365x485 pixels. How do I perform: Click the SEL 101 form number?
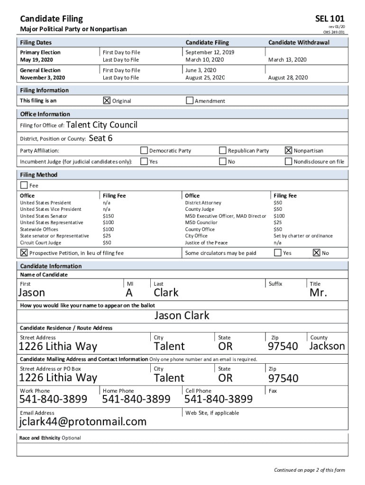330,19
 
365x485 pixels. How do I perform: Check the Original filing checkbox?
107,100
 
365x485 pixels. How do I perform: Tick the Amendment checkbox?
190,100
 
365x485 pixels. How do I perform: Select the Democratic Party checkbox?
144,151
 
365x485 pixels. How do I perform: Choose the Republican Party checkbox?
222,151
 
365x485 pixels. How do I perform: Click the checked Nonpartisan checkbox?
288,151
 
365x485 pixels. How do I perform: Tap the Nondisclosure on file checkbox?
288,162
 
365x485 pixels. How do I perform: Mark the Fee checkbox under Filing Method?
24,185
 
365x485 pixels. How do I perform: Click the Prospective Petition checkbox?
24,253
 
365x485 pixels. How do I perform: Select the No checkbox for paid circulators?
316,253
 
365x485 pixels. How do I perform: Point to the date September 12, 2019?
210,52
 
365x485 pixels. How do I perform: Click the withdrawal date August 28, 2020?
288,77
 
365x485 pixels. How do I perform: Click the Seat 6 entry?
100,138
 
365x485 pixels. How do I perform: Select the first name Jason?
32,293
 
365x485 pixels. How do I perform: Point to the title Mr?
318,293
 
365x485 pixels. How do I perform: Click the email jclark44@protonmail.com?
82,422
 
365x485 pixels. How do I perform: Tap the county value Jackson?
327,346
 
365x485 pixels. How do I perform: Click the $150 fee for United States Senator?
108,216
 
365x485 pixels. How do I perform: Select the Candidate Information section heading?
51,266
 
